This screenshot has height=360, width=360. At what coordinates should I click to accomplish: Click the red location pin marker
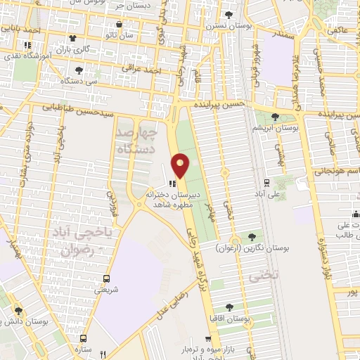coord(181,166)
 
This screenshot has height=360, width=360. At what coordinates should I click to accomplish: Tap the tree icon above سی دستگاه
coord(79,70)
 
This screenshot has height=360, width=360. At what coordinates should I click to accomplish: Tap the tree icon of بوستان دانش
coord(19,310)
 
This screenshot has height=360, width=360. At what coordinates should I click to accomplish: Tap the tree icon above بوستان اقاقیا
coord(229,307)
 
